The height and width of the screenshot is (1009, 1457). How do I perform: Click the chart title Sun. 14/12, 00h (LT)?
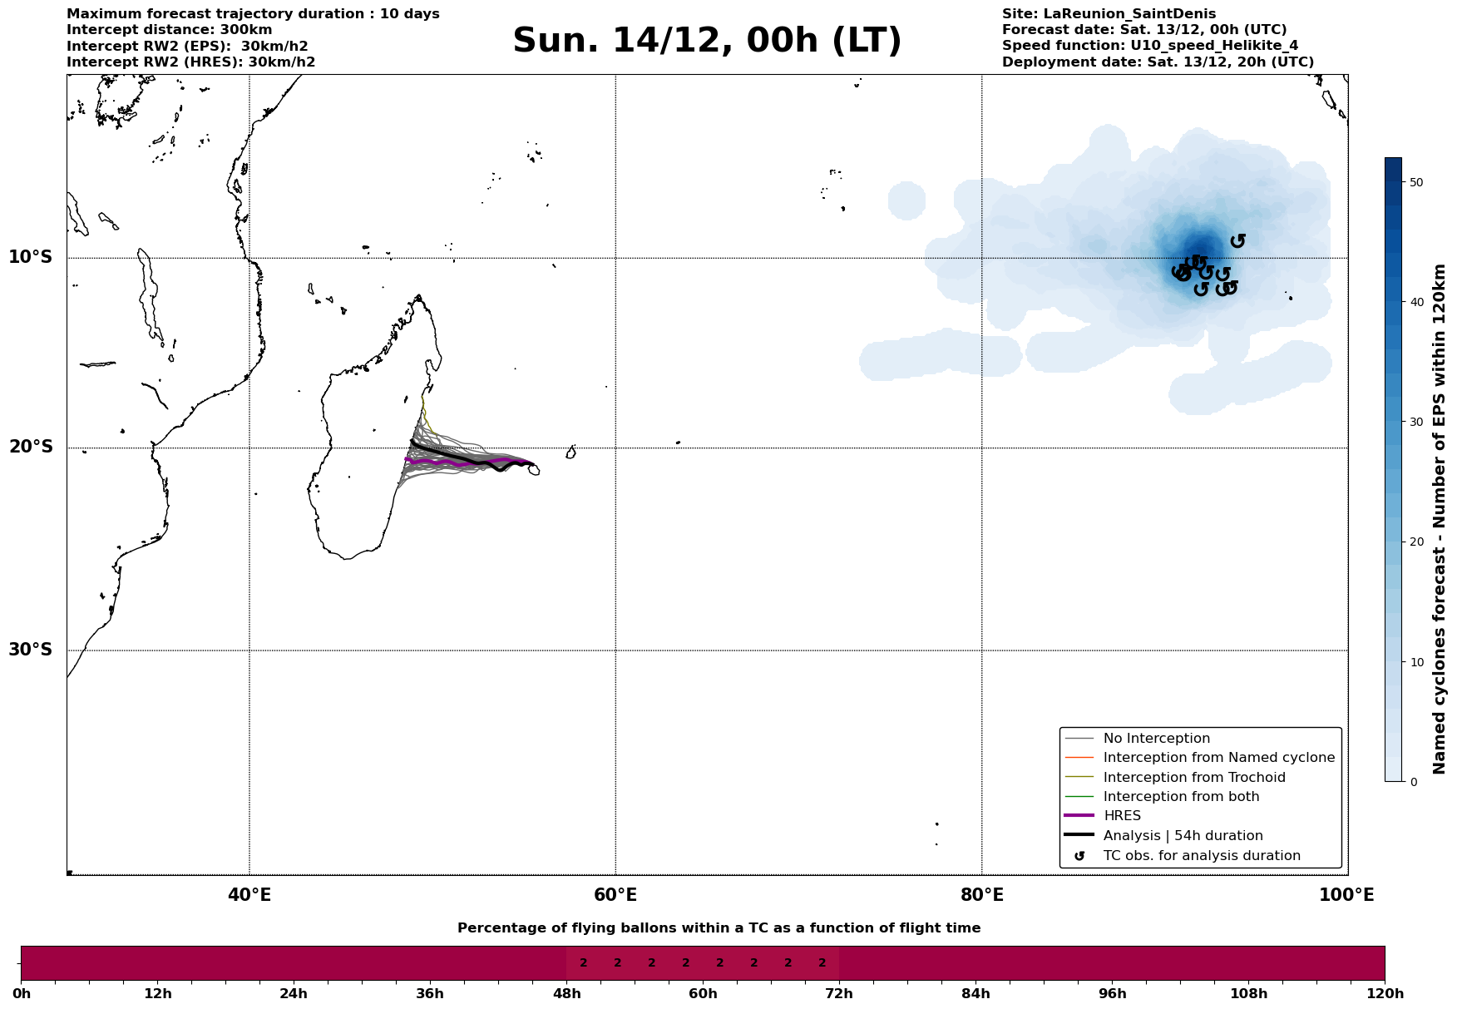707,41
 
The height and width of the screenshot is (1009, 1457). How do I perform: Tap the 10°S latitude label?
31,257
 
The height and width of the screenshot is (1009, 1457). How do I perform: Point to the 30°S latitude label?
31,650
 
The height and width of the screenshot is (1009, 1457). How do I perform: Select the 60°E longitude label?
615,895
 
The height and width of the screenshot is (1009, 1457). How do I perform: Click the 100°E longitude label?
1346,895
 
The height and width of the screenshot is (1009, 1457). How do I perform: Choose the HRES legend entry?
1122,816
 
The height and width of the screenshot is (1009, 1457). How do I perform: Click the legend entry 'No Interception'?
1156,739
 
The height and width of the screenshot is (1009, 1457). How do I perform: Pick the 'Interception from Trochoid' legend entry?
1193,778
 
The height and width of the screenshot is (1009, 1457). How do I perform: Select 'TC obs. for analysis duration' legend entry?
1201,856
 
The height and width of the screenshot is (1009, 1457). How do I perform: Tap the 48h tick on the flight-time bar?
566,993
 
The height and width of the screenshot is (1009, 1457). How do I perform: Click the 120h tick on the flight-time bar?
1385,993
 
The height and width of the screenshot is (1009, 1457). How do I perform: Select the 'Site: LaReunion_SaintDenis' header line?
1109,14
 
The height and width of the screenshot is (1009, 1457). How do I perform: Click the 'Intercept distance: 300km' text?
170,30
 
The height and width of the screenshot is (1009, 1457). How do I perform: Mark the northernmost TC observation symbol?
1237,240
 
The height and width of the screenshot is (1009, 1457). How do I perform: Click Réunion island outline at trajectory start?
533,470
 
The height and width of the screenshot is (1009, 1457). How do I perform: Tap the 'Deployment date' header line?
1158,62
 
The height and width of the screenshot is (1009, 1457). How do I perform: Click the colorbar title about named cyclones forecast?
1440,519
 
